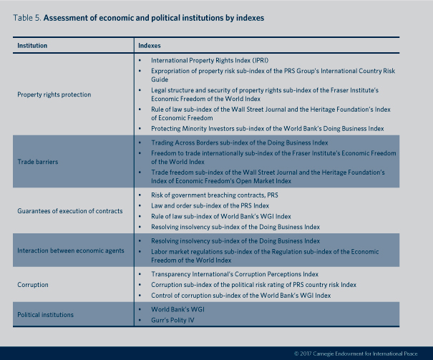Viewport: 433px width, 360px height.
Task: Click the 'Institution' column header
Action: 32,45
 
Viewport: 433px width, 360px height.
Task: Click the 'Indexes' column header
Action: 150,45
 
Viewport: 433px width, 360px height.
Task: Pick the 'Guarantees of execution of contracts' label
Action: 70,210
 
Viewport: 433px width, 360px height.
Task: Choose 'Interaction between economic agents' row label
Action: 71,250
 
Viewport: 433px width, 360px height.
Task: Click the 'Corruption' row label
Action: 33,285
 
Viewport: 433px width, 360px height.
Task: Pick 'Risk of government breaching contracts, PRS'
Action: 214,194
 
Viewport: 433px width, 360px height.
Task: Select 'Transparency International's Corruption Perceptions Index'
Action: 243,273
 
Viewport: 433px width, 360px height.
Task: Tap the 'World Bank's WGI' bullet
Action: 176,308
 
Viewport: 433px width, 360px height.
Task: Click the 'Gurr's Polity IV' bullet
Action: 173,320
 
